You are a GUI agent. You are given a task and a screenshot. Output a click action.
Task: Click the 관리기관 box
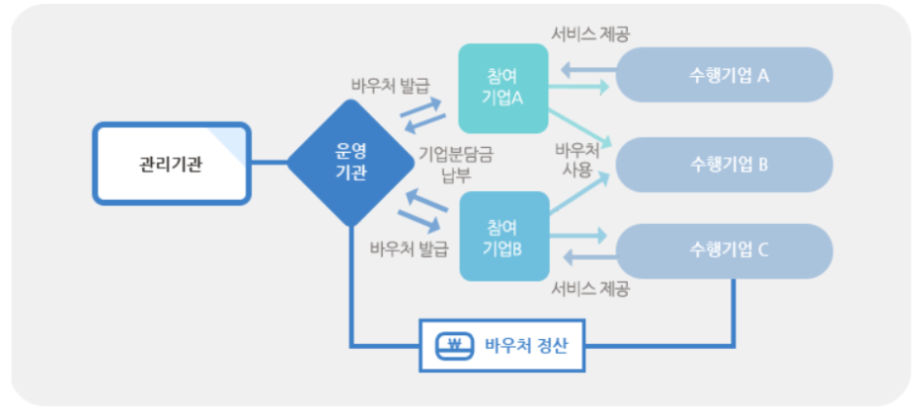[x=171, y=164]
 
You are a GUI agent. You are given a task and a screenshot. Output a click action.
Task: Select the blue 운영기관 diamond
[x=350, y=163]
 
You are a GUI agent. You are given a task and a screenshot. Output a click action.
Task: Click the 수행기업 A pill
[x=730, y=74]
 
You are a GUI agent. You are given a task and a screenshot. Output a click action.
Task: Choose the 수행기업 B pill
[x=730, y=164]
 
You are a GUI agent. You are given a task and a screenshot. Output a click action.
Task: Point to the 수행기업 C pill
[x=730, y=249]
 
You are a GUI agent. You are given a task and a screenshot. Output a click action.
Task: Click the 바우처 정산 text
[x=526, y=345]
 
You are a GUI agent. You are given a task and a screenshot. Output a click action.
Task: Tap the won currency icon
[x=455, y=345]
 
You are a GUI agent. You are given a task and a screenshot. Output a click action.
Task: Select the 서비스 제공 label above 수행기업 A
[x=590, y=34]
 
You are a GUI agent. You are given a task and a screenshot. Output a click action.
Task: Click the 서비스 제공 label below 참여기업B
[x=590, y=289]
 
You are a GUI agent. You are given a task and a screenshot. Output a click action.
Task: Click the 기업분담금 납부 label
[x=456, y=164]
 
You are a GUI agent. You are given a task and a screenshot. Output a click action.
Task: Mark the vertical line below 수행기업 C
[x=735, y=310]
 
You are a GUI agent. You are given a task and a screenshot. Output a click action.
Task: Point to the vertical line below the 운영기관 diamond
[x=351, y=286]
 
